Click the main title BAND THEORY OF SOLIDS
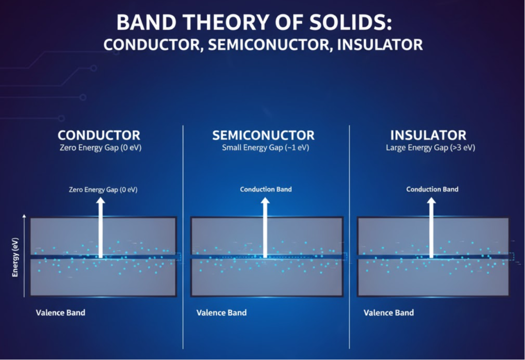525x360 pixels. (254, 22)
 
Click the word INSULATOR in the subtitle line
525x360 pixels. (380, 45)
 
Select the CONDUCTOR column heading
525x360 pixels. (99, 135)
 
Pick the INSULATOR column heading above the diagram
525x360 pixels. (428, 135)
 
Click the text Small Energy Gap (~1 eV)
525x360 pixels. (265, 148)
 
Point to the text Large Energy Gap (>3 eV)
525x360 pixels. (430, 148)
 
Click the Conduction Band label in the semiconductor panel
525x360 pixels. (266, 189)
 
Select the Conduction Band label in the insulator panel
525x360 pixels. (432, 189)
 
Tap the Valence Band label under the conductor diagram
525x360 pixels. (61, 312)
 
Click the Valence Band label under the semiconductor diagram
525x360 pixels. (221, 312)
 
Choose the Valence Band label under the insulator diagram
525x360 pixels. (389, 312)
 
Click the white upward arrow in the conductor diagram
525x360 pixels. (101, 228)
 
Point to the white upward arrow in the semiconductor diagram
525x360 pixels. (265, 228)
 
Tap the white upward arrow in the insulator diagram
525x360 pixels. (431, 228)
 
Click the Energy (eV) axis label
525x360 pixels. (15, 257)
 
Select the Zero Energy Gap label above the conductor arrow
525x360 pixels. (103, 189)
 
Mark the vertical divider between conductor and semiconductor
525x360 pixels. (183, 237)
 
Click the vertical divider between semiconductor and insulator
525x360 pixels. (349, 237)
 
